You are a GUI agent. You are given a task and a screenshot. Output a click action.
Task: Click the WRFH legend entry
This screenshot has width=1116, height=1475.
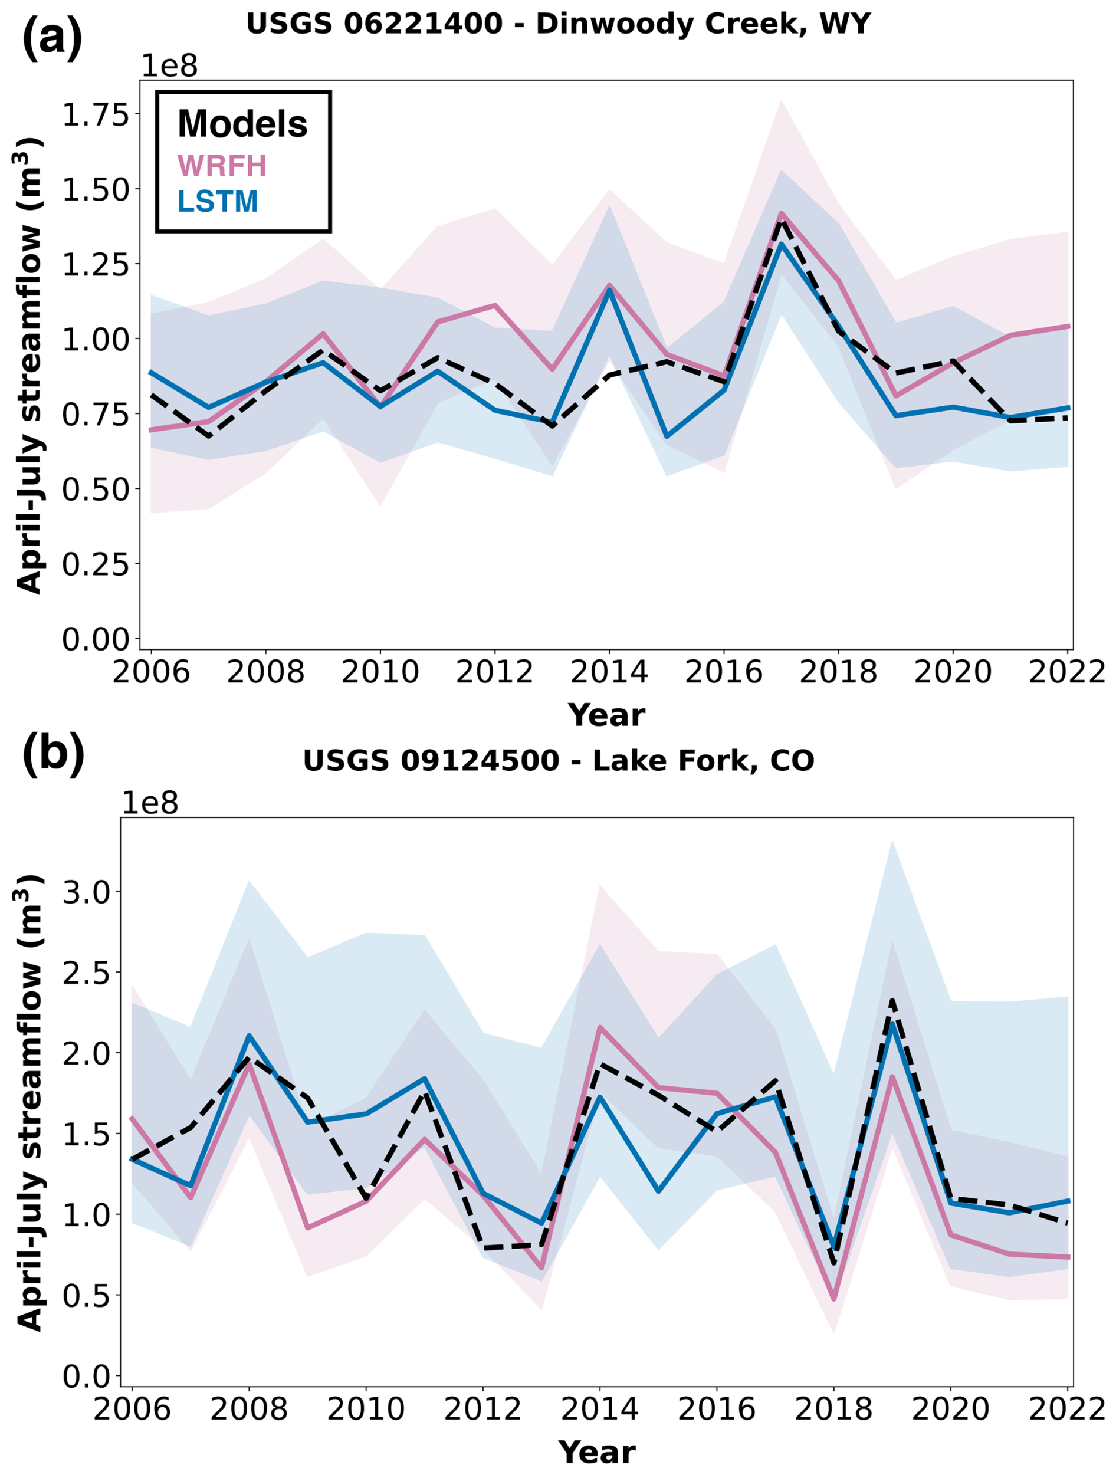pos(221,165)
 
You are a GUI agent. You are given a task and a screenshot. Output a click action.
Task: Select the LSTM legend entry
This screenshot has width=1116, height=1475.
pos(218,201)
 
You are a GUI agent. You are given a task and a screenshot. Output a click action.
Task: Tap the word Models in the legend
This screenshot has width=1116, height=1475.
pos(242,124)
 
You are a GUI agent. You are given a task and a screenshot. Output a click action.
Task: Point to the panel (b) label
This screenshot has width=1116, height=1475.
pos(53,751)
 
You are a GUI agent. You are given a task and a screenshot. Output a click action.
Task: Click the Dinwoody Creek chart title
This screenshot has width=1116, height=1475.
pos(559,24)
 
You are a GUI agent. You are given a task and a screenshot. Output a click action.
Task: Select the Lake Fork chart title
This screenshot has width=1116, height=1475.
pos(559,760)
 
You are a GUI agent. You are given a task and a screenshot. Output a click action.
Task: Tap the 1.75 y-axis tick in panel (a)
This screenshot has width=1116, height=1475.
pos(94,114)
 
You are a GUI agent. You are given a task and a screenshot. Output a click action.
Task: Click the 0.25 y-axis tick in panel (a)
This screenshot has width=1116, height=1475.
pos(94,564)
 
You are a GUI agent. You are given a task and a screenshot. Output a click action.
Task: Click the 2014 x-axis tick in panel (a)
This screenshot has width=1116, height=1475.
pos(609,672)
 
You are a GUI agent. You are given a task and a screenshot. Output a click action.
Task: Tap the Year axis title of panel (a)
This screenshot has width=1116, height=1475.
pos(606,715)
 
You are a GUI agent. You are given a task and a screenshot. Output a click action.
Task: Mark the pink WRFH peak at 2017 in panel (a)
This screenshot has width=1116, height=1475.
pos(781,214)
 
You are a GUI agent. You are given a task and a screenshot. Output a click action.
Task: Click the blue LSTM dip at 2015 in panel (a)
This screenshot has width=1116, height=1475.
pos(667,436)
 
